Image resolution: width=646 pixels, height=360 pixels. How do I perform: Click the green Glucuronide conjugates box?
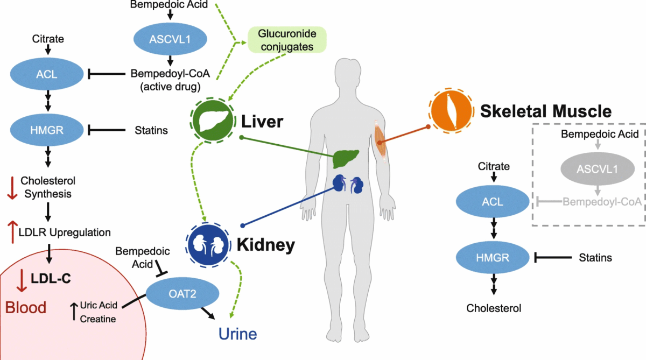[x=287, y=40]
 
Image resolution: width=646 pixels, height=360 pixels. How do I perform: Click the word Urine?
[x=237, y=334]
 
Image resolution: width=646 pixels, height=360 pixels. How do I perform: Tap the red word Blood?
[x=26, y=307]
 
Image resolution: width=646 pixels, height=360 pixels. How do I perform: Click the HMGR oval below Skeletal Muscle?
[x=492, y=258]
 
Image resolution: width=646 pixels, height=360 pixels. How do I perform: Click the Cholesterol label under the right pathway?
[x=494, y=308]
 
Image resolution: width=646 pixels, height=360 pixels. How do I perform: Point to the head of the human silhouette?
[x=351, y=75]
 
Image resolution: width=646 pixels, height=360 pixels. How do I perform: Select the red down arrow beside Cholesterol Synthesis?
[x=11, y=186]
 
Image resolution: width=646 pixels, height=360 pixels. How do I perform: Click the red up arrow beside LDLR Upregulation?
[x=11, y=232]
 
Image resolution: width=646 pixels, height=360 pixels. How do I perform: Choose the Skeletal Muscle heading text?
[x=545, y=111]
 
